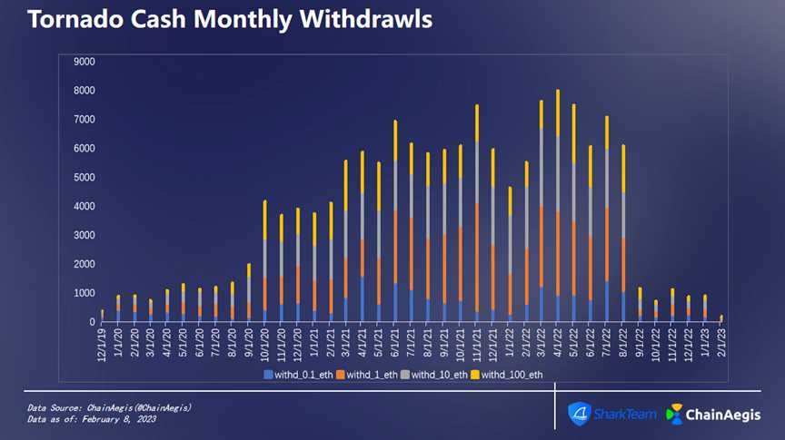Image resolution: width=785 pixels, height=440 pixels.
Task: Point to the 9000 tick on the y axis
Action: click(84, 62)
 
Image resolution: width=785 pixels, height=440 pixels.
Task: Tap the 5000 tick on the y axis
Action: click(84, 178)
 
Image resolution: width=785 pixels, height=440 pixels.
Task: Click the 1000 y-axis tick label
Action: click(84, 293)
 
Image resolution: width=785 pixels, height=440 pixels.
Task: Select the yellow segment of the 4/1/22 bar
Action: click(557, 112)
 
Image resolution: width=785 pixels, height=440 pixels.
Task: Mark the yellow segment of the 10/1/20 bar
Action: click(265, 220)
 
